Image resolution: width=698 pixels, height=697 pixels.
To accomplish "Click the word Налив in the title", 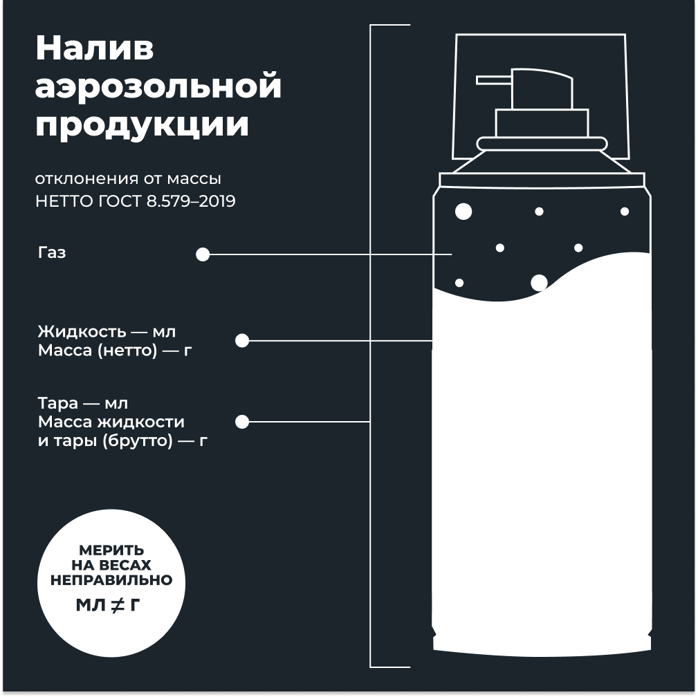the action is pyautogui.click(x=94, y=48).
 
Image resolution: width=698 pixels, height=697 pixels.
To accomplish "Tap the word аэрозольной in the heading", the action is pyautogui.click(x=158, y=87).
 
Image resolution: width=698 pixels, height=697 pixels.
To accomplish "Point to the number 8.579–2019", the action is pyautogui.click(x=191, y=201).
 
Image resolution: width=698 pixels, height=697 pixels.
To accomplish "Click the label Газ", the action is pyautogui.click(x=52, y=252).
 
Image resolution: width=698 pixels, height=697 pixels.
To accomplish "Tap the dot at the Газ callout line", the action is pyautogui.click(x=203, y=254).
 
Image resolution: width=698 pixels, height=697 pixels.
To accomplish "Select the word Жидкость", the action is pyautogui.click(x=82, y=332).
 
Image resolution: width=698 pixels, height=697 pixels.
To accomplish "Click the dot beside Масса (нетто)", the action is pyautogui.click(x=241, y=340).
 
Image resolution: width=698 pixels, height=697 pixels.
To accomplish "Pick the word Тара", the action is pyautogui.click(x=58, y=403).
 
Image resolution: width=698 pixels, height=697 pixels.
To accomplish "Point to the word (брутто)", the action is pyautogui.click(x=138, y=441).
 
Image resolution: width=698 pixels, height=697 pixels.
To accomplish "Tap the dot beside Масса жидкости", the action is pyautogui.click(x=241, y=422).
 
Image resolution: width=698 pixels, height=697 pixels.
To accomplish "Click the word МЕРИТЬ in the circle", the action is pyautogui.click(x=111, y=550).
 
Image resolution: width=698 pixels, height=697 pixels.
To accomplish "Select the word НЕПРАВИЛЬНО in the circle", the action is pyautogui.click(x=111, y=580).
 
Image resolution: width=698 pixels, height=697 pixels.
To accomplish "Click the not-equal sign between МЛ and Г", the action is pyautogui.click(x=117, y=605).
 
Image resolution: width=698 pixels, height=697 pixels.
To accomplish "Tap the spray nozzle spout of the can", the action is pyautogui.click(x=494, y=80).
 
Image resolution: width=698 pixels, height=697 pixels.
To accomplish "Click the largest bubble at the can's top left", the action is pyautogui.click(x=463, y=212).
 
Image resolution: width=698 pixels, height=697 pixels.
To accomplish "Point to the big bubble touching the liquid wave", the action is pyautogui.click(x=539, y=283).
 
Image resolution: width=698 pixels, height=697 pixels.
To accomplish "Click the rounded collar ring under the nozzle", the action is pyautogui.click(x=542, y=144).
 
